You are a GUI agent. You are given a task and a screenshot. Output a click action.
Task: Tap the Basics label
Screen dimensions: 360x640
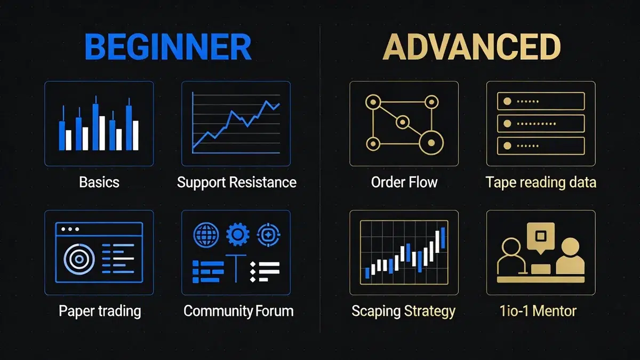click(99, 182)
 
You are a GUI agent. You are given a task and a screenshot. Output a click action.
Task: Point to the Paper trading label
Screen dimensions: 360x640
click(100, 311)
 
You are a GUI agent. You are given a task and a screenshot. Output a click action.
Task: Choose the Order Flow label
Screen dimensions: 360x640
click(404, 182)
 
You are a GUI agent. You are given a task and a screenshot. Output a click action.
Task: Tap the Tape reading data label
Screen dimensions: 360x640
click(541, 182)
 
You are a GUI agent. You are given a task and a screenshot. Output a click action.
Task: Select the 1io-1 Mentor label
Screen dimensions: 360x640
click(538, 311)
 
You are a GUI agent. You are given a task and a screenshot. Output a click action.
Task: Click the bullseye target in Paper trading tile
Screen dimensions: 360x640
click(79, 260)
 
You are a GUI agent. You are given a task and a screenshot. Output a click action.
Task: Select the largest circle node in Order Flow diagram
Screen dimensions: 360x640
click(430, 142)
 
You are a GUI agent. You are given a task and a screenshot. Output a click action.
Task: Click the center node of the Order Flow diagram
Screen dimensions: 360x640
click(402, 121)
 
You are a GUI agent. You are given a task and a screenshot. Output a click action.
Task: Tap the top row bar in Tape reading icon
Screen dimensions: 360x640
click(541, 101)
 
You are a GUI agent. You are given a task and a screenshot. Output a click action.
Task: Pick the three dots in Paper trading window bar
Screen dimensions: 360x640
click(70, 229)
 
